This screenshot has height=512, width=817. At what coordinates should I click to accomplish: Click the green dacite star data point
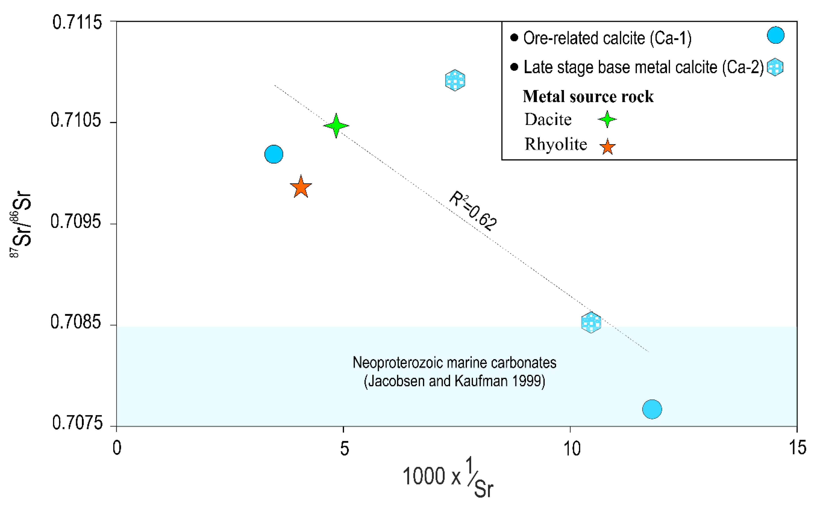[336, 126]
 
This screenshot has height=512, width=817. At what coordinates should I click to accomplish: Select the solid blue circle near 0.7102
[274, 154]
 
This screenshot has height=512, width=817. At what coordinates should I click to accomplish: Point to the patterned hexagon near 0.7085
[591, 322]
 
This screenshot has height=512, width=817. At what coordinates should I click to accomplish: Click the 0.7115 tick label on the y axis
[77, 22]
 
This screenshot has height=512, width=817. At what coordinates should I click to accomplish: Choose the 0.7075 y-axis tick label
[77, 423]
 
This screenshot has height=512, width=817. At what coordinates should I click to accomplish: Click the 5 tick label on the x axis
[344, 448]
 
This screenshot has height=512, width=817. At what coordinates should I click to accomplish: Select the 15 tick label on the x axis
[797, 448]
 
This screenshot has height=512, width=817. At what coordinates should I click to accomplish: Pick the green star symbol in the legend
[607, 119]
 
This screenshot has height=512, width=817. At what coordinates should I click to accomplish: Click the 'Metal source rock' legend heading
[588, 96]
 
